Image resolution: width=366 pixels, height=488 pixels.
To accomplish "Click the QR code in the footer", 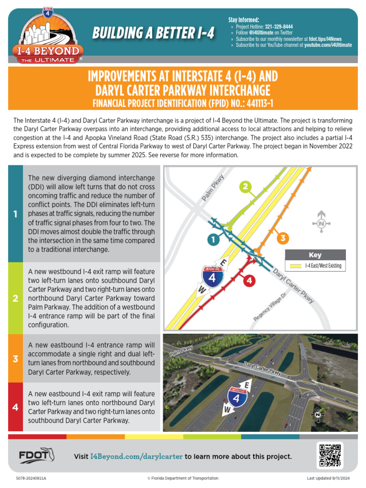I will tap(330, 455).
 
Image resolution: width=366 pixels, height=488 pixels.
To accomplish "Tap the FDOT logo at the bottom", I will tap(36, 456).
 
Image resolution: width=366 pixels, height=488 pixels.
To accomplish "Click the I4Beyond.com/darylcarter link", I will tap(136, 457).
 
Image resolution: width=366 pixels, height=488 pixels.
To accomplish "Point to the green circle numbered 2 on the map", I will tap(245, 187).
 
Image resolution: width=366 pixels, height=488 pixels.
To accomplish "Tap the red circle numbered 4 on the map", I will tap(248, 281).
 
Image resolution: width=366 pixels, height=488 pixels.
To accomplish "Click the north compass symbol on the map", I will tap(321, 222).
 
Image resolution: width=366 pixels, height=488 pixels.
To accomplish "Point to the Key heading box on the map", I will tap(315, 254).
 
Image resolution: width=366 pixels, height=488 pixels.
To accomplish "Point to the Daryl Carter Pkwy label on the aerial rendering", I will tap(263, 368).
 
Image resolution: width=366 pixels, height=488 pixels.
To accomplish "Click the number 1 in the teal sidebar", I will tap(16, 214).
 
